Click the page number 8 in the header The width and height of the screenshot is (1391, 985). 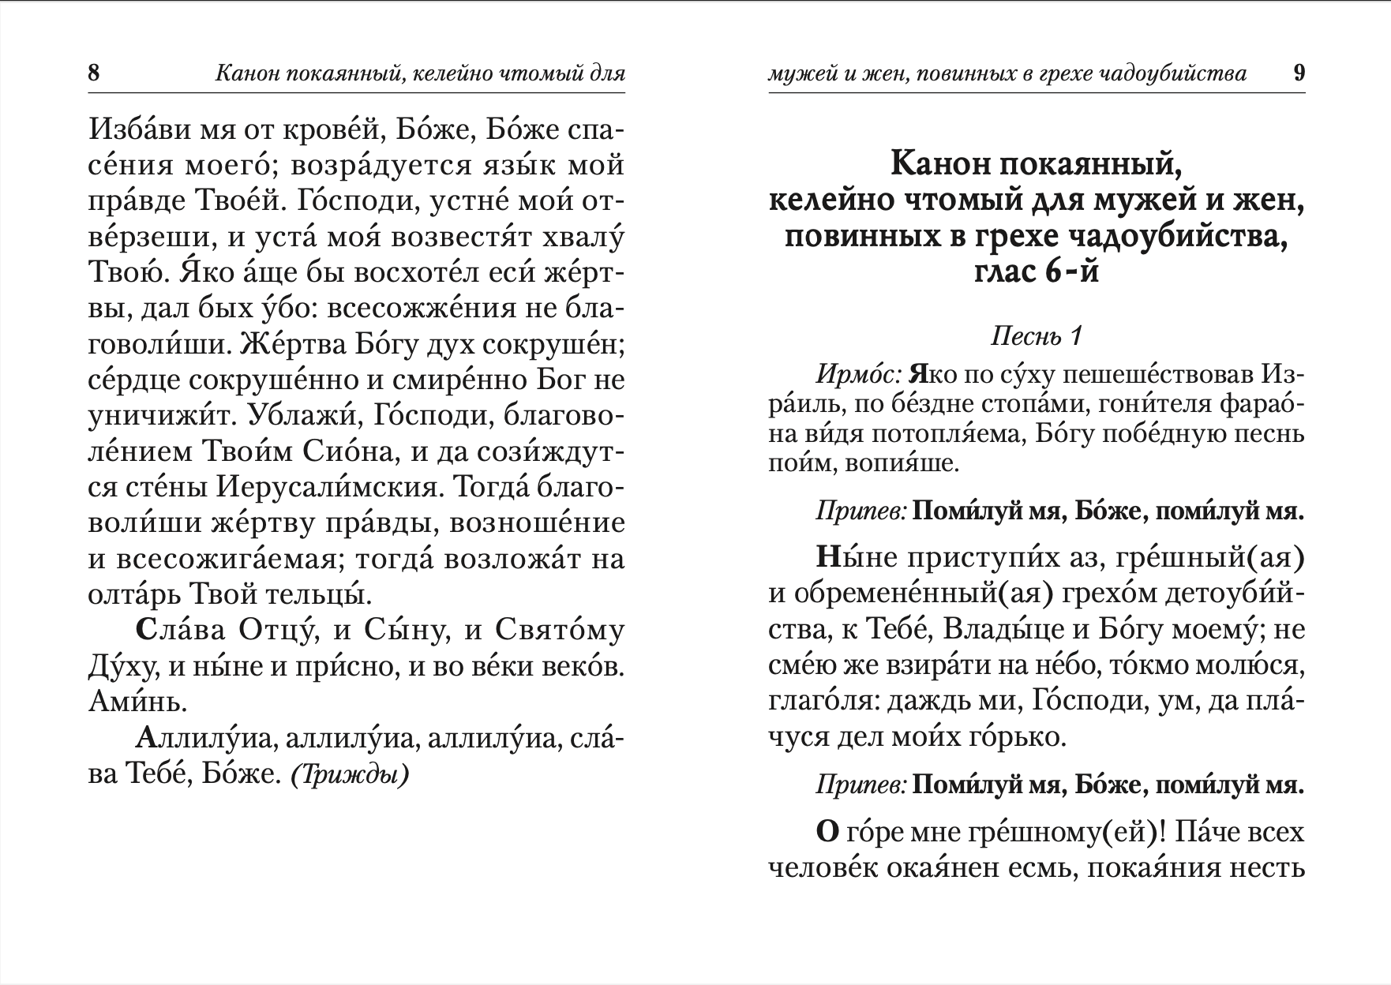(94, 74)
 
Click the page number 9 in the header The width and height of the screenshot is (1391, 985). (1299, 73)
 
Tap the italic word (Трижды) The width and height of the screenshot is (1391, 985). (350, 775)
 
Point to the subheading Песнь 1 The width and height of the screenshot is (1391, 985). (1036, 336)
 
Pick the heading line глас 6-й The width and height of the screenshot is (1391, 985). (1036, 272)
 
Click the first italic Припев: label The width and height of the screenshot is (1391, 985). (861, 511)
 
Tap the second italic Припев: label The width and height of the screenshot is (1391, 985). (861, 785)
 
